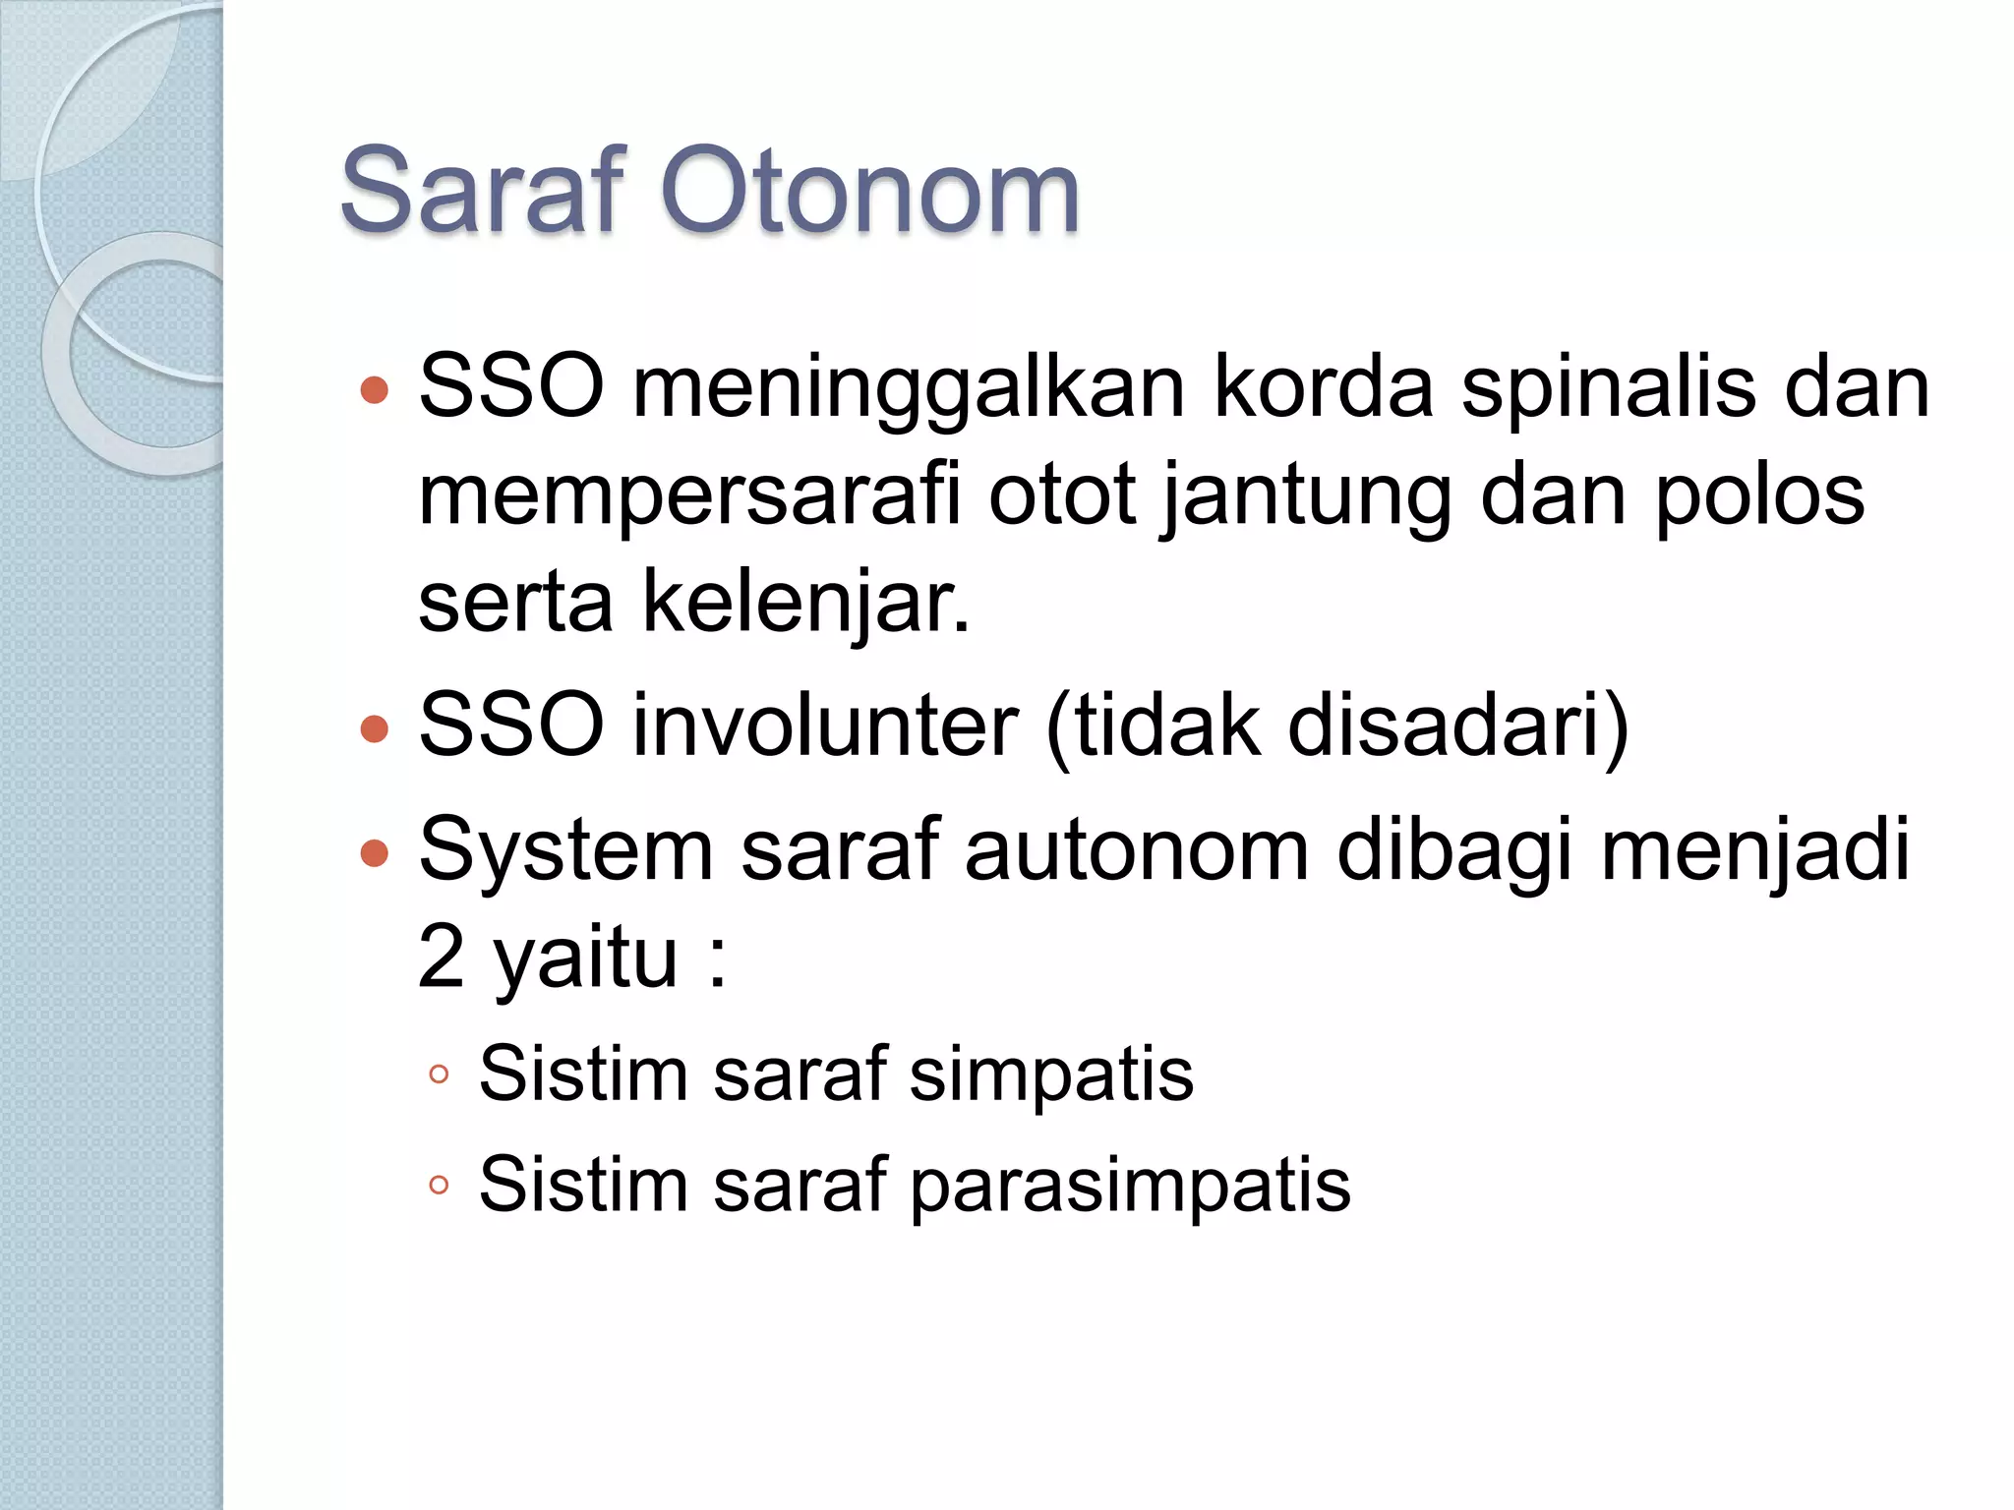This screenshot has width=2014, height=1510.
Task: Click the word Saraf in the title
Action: click(483, 191)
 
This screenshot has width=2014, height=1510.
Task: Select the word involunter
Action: click(825, 726)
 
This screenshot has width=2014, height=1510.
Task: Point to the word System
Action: click(565, 850)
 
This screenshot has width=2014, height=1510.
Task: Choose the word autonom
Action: click(1136, 850)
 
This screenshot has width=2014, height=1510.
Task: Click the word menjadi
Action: click(1754, 850)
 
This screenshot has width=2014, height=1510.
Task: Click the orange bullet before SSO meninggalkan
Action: click(375, 391)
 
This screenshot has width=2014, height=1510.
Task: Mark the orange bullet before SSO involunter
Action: click(375, 728)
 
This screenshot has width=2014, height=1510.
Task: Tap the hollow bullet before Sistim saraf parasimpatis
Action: click(439, 1186)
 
